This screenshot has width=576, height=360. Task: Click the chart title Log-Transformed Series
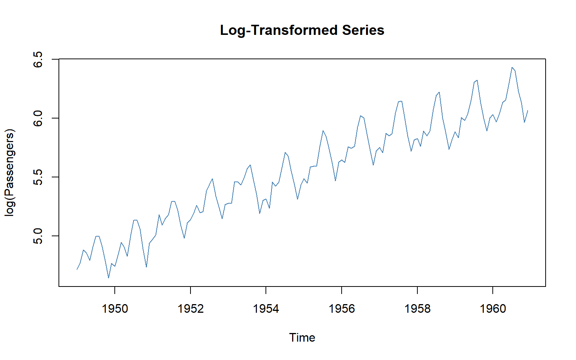(302, 30)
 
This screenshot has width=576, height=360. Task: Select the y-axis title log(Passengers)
(9, 172)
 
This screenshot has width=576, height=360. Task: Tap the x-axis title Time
(302, 337)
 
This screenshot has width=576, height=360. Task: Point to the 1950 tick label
(115, 309)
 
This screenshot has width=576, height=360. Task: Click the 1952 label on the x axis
(190, 309)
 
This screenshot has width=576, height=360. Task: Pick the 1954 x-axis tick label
(266, 309)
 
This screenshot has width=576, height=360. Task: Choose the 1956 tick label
(342, 309)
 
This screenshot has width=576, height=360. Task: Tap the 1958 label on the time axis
(417, 309)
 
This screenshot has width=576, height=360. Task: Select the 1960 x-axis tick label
(493, 309)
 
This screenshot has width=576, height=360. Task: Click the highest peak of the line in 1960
(512, 67)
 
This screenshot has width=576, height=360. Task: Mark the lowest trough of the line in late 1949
(108, 278)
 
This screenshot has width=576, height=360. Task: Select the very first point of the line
(77, 269)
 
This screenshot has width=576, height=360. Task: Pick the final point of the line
(528, 111)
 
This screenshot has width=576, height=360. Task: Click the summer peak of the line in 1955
(323, 131)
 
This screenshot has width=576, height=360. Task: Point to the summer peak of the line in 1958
(439, 92)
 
